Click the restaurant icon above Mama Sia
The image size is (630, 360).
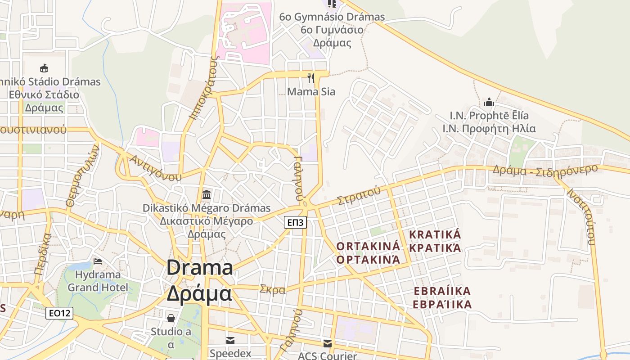(x=310, y=78)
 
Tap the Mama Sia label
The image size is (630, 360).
(x=311, y=92)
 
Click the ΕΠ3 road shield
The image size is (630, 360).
(x=296, y=222)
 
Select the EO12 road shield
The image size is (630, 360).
(x=59, y=313)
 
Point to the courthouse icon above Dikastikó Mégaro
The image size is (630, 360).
(x=207, y=194)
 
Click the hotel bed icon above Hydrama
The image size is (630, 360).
(x=98, y=261)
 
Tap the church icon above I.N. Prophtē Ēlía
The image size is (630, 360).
(x=489, y=102)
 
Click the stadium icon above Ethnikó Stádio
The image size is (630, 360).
(x=44, y=68)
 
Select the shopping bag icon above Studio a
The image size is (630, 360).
(x=171, y=318)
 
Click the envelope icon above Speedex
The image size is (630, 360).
(x=230, y=340)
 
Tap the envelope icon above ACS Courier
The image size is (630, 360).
(x=327, y=344)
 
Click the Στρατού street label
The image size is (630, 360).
(x=359, y=196)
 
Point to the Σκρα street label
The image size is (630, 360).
(x=272, y=289)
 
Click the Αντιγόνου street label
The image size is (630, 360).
(x=155, y=167)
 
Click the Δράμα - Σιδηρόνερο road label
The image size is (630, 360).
(x=544, y=170)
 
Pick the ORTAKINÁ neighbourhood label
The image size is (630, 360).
(x=368, y=246)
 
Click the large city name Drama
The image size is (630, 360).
(x=199, y=268)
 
